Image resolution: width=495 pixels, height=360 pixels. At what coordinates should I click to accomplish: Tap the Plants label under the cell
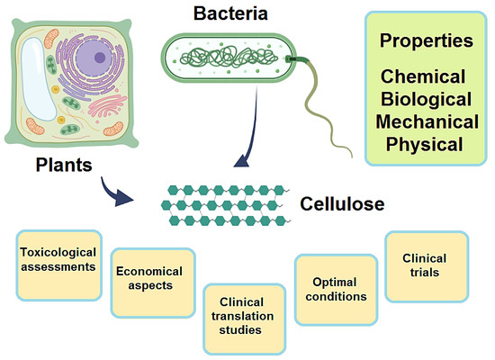click(65, 166)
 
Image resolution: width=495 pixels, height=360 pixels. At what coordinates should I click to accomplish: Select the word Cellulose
click(342, 204)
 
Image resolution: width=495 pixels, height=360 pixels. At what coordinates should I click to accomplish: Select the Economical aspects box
click(148, 278)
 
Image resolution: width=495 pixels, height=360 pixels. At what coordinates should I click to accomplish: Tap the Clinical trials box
click(425, 266)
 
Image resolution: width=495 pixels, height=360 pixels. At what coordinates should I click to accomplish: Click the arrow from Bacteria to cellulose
click(247, 135)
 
